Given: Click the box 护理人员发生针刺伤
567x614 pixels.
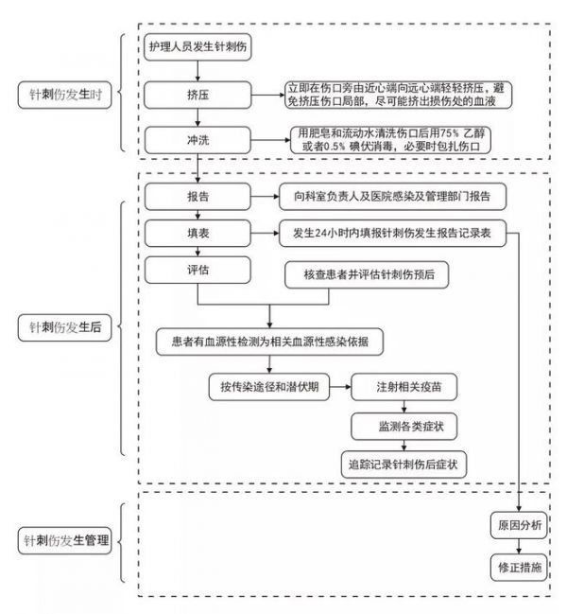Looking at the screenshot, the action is click(x=198, y=47).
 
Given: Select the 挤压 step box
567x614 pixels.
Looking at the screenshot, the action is click(x=198, y=95).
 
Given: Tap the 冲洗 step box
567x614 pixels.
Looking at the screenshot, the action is click(x=198, y=140).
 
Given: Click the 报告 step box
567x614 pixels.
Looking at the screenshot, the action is click(x=198, y=196).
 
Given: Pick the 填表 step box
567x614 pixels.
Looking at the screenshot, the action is click(x=198, y=233).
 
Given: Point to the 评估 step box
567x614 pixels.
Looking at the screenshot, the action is click(x=198, y=270).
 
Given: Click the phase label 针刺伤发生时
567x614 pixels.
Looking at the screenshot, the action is click(x=65, y=95).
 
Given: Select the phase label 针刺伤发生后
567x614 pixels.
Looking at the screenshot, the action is click(x=65, y=327).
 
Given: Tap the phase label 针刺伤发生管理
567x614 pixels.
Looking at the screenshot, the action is click(x=65, y=541).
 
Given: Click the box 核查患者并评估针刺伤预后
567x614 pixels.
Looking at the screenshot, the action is click(x=367, y=275).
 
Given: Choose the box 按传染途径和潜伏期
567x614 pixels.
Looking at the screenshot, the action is click(x=269, y=387).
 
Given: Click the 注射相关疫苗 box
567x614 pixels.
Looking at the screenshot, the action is click(x=404, y=387).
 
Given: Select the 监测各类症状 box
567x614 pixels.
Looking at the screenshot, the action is click(x=404, y=426).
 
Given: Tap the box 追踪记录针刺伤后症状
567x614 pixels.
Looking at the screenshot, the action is click(x=404, y=465).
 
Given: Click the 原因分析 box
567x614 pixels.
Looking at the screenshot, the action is click(x=519, y=525).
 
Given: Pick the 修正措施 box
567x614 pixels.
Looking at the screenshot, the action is click(x=519, y=568).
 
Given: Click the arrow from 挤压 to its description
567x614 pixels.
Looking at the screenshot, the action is click(x=267, y=95).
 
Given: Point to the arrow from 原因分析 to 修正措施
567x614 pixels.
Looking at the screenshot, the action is click(x=519, y=546).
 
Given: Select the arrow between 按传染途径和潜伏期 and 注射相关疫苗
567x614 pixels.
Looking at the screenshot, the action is click(x=340, y=387).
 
